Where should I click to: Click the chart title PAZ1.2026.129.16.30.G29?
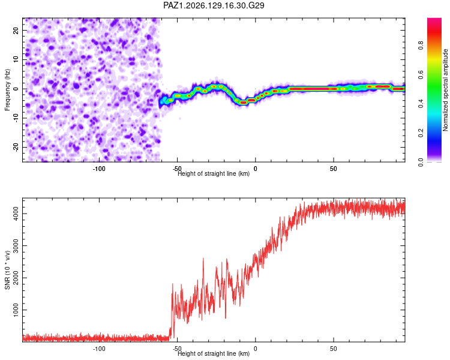point(214,5)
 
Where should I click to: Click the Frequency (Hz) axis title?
point(7,89)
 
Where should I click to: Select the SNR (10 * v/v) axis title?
point(7,270)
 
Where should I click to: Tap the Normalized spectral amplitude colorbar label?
point(445,89)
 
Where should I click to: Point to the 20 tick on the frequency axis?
point(16,30)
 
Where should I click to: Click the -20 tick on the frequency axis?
point(16,147)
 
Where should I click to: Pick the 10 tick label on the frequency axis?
point(16,59)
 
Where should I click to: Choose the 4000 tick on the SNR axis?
point(16,214)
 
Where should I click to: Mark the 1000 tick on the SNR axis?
point(16,310)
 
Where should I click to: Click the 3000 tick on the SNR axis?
point(16,246)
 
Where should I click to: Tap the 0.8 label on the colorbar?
point(421,46)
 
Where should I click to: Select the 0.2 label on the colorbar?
point(421,133)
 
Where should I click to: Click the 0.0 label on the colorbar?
point(421,162)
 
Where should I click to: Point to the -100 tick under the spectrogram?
point(99,169)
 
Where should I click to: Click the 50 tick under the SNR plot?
point(333,349)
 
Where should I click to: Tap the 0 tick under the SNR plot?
point(256,349)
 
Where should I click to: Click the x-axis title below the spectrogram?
point(214,173)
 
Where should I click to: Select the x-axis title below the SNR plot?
point(214,353)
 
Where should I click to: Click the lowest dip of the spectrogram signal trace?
point(244,103)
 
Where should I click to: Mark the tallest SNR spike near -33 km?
point(203,259)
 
